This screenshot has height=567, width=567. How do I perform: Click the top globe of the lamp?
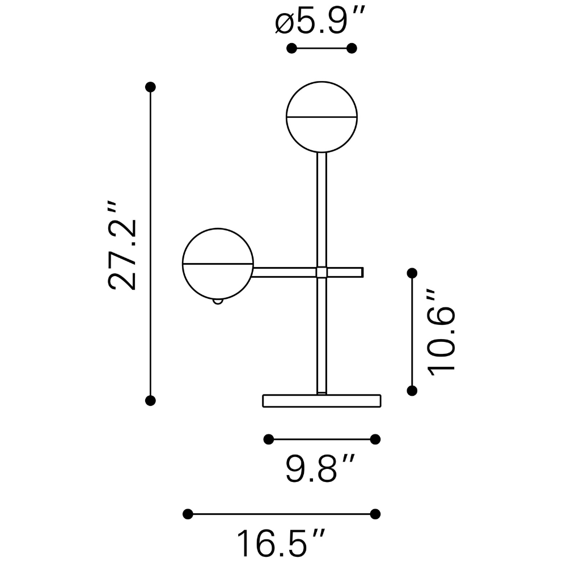coord(321,82)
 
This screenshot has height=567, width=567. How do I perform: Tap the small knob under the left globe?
coord(218,302)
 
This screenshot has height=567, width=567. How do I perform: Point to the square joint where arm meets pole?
coord(321,272)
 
